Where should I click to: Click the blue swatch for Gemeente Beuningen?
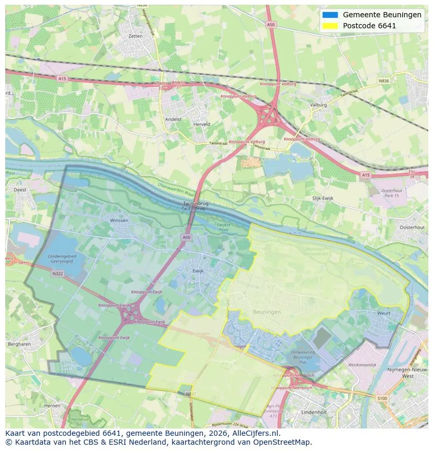click(330, 15)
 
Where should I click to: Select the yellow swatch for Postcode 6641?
click(330, 26)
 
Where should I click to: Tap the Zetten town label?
click(135, 36)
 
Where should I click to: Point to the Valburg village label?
click(318, 105)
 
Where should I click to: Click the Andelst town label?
click(173, 119)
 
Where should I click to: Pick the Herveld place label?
click(202, 124)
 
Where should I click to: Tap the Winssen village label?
click(119, 221)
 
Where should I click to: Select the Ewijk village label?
click(198, 271)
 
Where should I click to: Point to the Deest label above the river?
click(20, 190)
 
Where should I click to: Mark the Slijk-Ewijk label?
click(323, 198)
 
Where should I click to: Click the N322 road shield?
click(58, 273)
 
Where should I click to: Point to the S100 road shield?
click(383, 399)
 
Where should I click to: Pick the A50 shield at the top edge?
click(270, 24)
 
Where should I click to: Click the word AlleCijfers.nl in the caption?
click(255, 434)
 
